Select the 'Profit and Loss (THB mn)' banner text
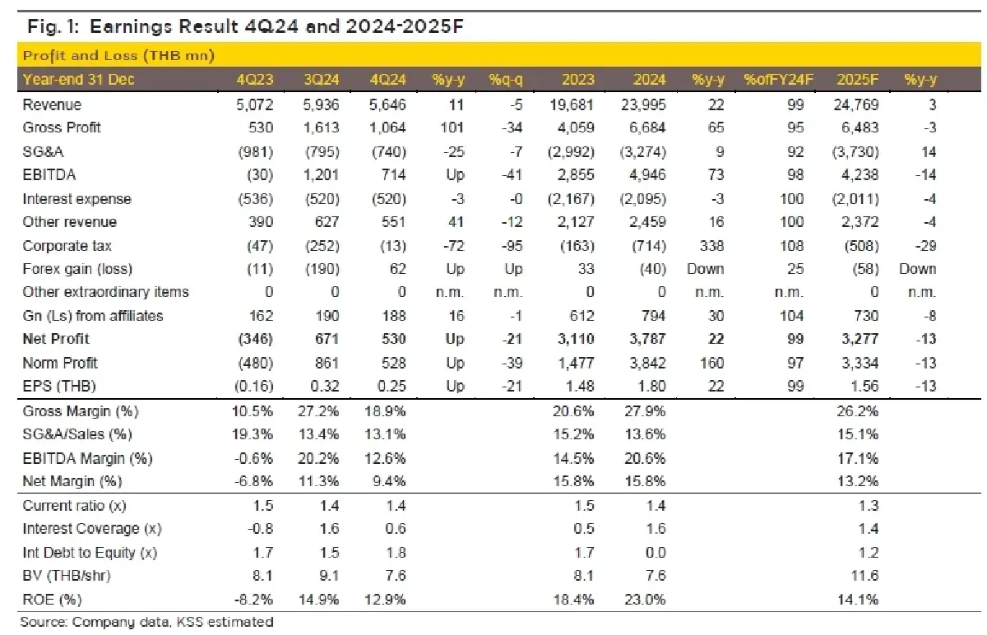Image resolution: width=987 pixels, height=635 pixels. pos(118,56)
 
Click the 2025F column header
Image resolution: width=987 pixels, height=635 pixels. pos(857,80)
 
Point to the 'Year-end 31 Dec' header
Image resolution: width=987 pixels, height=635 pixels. pos(79,80)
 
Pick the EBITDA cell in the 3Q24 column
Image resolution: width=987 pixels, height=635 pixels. pos(318,175)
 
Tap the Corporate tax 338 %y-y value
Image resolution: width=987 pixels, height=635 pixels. pos(707,246)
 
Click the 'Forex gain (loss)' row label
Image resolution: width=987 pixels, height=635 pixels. pos(77,269)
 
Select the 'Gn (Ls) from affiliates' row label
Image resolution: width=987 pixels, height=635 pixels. pos(93,316)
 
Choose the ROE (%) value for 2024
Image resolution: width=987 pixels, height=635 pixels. pos(645,600)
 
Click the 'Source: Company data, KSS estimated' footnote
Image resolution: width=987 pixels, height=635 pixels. pos(147,623)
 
